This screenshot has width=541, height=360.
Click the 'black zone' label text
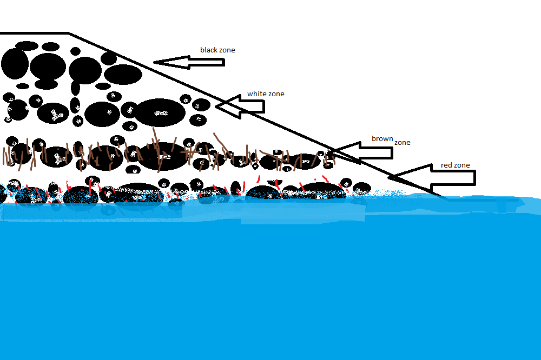[217, 50]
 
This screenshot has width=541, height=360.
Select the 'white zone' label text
[266, 94]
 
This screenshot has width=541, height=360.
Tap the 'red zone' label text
[455, 165]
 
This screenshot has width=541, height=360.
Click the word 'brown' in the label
[382, 139]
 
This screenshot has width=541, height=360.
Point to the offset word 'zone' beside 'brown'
[402, 143]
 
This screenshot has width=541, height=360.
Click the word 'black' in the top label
[209, 50]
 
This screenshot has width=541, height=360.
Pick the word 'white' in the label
[256, 94]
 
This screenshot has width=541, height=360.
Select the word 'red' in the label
[446, 165]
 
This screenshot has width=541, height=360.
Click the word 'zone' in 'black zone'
[227, 50]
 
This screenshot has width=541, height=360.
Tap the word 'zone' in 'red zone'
[461, 165]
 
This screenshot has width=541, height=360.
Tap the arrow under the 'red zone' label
[433, 178]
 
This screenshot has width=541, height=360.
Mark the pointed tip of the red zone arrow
[390, 177]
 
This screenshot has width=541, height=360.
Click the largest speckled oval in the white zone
[160, 113]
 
